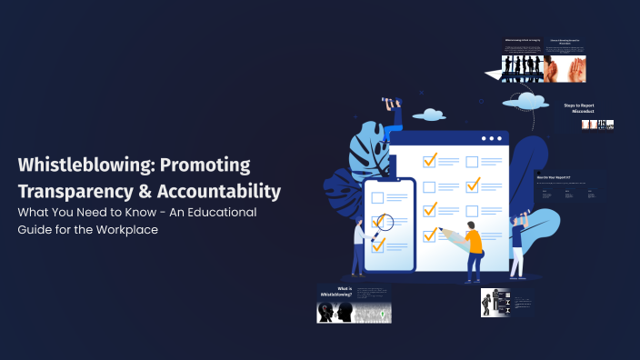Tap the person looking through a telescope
(x=394, y=118)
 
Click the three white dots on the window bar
(x=491, y=139)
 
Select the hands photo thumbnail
(x=571, y=66)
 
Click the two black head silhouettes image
(x=334, y=312)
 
